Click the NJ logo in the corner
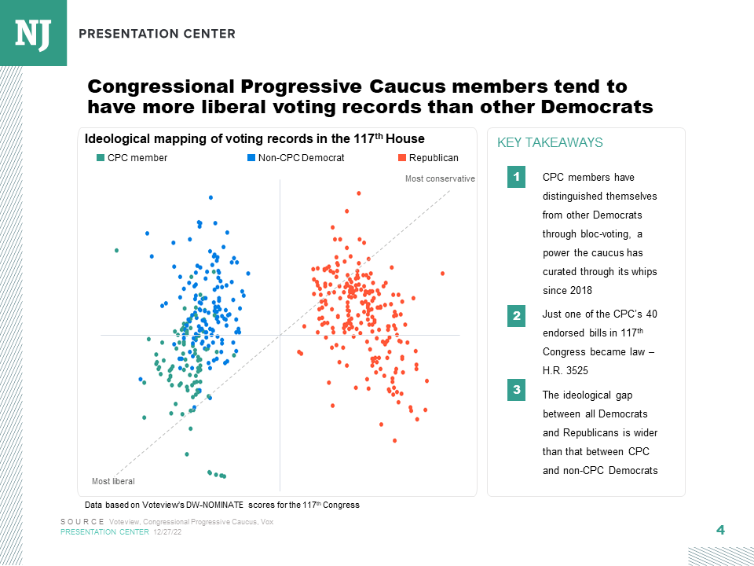(x=33, y=33)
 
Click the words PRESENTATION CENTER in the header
(x=157, y=34)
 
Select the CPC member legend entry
(x=132, y=158)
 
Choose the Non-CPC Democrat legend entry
(x=296, y=158)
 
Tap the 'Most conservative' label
(x=440, y=179)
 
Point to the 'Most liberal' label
(x=113, y=481)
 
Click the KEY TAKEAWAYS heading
(x=550, y=143)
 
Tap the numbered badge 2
(x=516, y=316)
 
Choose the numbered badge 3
(x=516, y=390)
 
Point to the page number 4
(x=720, y=530)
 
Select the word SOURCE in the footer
(x=82, y=522)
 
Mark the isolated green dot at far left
(x=116, y=250)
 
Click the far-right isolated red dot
(x=443, y=274)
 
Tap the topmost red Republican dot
(x=359, y=193)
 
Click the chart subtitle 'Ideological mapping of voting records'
(x=254, y=139)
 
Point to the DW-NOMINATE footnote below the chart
(x=221, y=505)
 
